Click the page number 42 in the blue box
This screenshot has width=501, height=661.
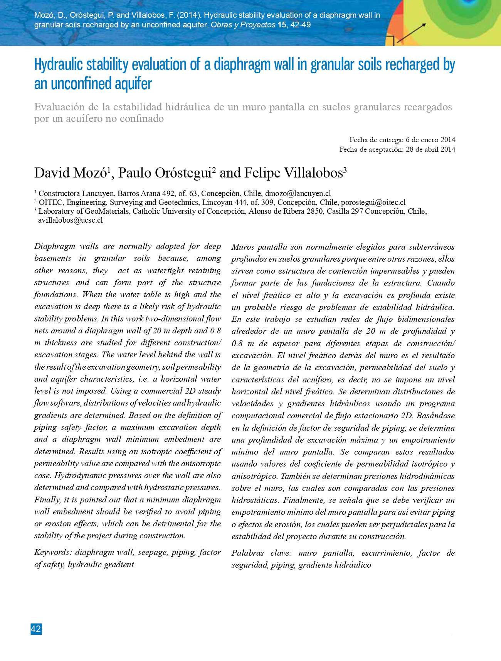point(36,629)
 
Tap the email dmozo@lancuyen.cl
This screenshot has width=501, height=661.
point(298,193)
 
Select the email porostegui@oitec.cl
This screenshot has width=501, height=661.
point(373,202)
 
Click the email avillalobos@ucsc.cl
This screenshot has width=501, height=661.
point(71,220)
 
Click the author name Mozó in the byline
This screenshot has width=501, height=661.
point(90,172)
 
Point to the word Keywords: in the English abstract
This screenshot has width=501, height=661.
point(53,552)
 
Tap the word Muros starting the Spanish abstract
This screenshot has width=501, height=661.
point(242,247)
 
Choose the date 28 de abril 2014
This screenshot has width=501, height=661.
point(430,149)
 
